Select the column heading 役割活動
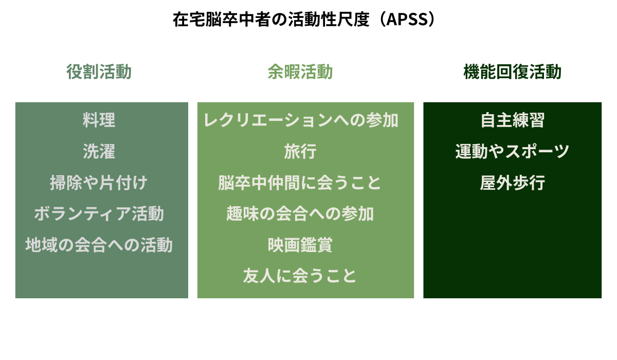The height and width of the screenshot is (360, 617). (x=99, y=71)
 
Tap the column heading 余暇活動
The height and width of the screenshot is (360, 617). (x=300, y=71)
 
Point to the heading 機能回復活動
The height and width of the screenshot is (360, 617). (x=512, y=71)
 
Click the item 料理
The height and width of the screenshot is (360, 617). (x=99, y=120)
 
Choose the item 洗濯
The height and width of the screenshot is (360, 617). (x=99, y=151)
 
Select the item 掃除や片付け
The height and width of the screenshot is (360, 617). (x=99, y=183)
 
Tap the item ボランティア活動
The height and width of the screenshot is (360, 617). (x=99, y=213)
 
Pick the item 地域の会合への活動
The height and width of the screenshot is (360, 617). (x=99, y=245)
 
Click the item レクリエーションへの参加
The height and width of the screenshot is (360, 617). (x=301, y=120)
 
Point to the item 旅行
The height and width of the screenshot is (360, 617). (x=300, y=151)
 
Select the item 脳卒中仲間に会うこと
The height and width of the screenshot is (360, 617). (x=300, y=183)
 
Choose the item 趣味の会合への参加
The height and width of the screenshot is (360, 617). (x=300, y=213)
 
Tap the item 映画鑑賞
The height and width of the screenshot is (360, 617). (x=300, y=245)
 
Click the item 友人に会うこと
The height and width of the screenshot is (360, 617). (x=300, y=276)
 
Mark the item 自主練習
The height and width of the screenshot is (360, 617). (x=512, y=120)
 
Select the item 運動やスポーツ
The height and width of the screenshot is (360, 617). (x=512, y=151)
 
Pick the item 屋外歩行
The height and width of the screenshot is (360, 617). (x=512, y=183)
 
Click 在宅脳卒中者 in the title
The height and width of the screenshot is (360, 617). (x=222, y=19)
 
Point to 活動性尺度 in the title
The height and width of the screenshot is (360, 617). (x=329, y=19)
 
